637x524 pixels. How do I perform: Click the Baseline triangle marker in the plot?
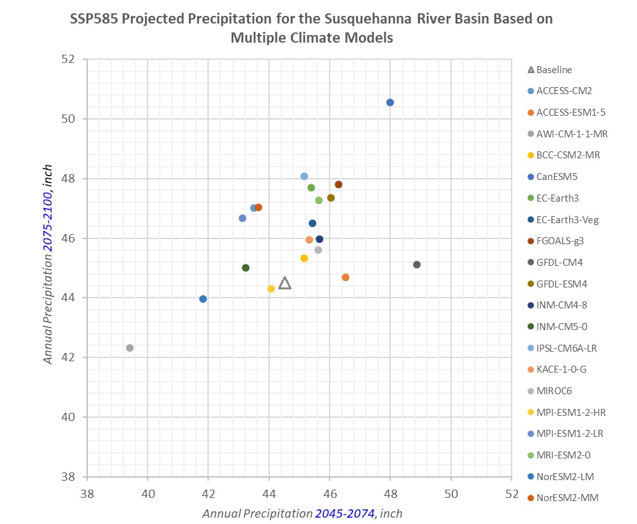point(285,283)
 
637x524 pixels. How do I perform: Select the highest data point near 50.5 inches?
point(390,102)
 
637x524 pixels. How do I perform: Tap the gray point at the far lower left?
point(130,348)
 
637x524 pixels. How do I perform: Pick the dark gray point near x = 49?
point(417,265)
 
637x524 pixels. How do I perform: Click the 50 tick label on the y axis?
point(69,119)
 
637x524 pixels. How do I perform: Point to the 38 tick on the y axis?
point(69,477)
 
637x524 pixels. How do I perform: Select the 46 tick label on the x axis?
point(330,493)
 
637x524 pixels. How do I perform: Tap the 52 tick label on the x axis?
point(512,493)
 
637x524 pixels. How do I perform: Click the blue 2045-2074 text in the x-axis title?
point(344,513)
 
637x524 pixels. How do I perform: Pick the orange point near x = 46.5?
point(346,277)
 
